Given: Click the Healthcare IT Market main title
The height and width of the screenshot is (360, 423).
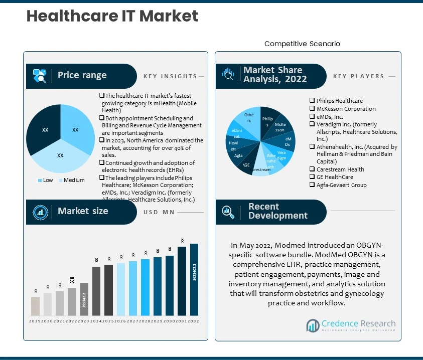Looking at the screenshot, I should (x=112, y=16).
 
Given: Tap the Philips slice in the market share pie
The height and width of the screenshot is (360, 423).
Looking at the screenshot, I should (x=267, y=121).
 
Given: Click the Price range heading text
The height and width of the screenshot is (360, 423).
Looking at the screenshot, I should (x=82, y=75).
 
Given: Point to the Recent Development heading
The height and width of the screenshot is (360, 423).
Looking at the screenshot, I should (x=277, y=211).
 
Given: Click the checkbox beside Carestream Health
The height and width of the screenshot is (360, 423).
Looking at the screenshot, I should (x=312, y=169).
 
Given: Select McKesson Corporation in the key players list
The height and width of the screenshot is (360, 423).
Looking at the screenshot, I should (x=346, y=109).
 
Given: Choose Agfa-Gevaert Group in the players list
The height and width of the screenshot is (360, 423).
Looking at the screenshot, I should (x=341, y=185).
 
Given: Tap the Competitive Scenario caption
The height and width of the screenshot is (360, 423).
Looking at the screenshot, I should (x=302, y=44).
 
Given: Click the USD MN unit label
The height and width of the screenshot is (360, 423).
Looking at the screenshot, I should (x=159, y=212).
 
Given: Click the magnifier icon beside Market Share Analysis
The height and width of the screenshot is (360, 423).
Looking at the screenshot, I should (x=228, y=75).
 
